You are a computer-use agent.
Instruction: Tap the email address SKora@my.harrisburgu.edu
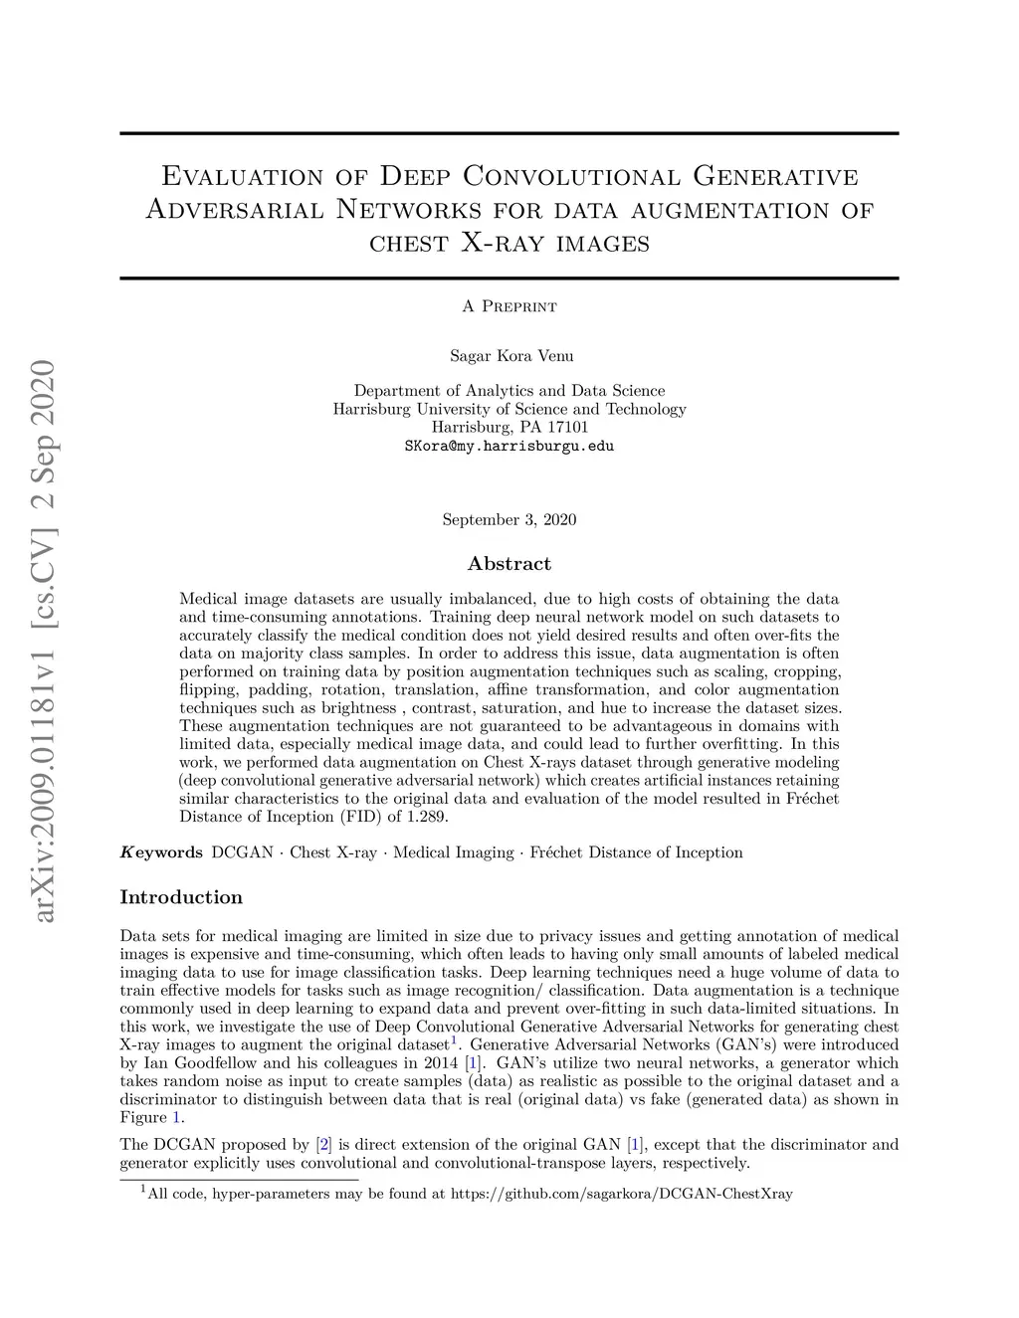[x=509, y=447]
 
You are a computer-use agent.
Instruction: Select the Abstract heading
[x=509, y=564]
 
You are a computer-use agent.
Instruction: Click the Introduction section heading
[x=181, y=897]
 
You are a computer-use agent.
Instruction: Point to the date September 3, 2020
[x=509, y=519]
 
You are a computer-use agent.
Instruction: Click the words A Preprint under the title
[x=509, y=306]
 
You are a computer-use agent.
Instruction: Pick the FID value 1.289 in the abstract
[x=430, y=817]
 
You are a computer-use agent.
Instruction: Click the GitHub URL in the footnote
[x=622, y=1194]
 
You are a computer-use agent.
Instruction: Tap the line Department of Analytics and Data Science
[x=509, y=391]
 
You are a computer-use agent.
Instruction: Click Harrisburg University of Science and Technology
[x=509, y=409]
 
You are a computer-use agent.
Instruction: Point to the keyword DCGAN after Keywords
[x=243, y=852]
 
